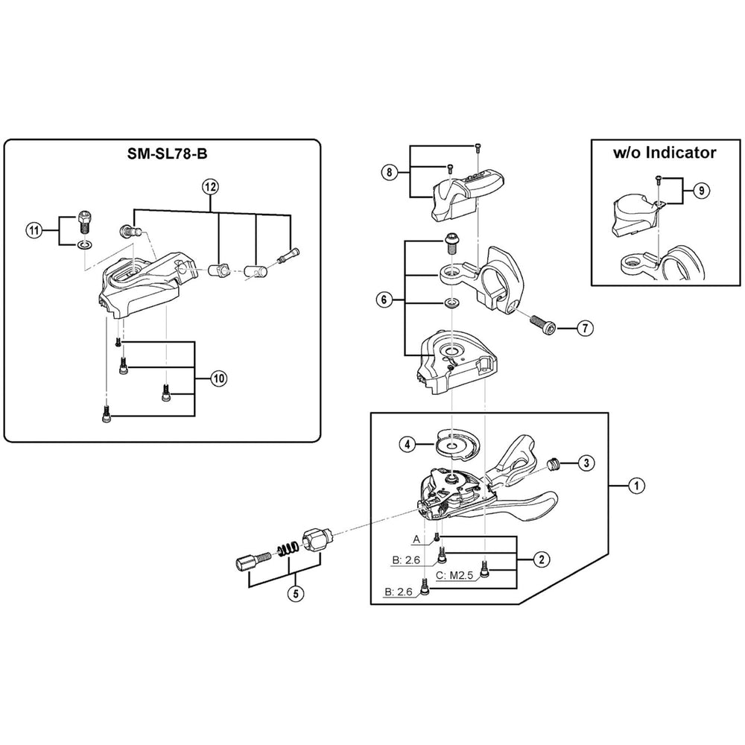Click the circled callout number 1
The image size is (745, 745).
(x=636, y=486)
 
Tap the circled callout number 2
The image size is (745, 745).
(x=542, y=559)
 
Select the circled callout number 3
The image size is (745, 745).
(x=586, y=463)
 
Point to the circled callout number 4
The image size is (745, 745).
(x=408, y=446)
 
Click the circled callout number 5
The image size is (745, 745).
(x=296, y=594)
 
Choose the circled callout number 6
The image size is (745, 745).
(x=384, y=299)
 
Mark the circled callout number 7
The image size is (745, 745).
(x=586, y=328)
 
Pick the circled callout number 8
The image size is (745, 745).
(x=389, y=172)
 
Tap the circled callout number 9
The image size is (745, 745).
(x=701, y=191)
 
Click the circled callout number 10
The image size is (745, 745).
(x=218, y=378)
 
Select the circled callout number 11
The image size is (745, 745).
(x=34, y=232)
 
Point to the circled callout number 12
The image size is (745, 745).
(x=211, y=187)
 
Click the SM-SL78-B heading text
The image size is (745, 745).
(x=167, y=153)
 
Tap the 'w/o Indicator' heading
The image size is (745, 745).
(x=665, y=153)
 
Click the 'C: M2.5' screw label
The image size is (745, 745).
(x=454, y=575)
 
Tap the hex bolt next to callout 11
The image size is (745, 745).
(x=83, y=221)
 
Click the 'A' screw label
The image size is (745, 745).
(x=416, y=539)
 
